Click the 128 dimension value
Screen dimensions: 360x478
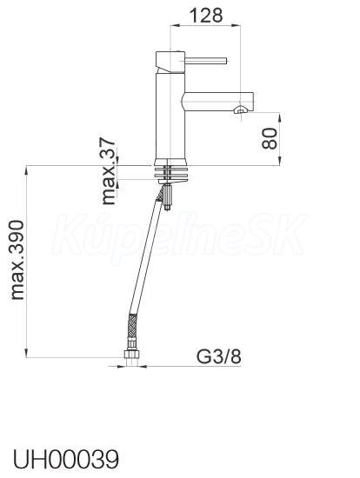pos(206,16)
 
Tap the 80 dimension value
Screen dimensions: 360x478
pos(270,138)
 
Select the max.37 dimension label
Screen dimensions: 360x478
pos(109,171)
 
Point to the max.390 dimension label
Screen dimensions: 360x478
pos(17,260)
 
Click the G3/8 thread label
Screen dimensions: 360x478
pos(219,356)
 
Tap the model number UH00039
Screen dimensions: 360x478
pos(65,459)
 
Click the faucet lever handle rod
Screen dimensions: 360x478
pos(206,60)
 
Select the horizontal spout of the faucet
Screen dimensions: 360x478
pos(218,101)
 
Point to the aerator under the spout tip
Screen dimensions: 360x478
pos(239,110)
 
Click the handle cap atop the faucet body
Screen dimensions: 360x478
pos(170,62)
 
